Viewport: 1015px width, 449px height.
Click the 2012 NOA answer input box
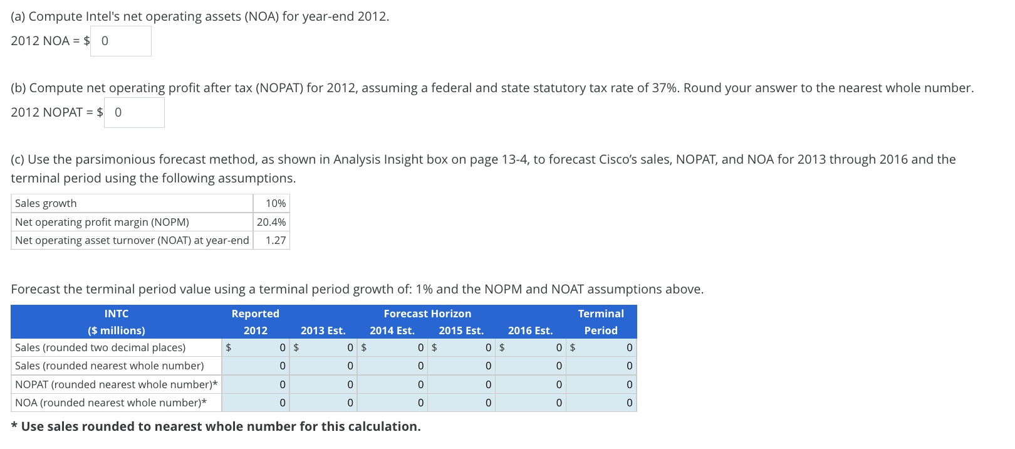click(121, 41)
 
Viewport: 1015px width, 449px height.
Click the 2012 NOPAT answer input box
click(134, 113)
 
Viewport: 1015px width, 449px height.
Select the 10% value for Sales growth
click(272, 203)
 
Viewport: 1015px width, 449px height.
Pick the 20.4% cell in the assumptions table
click(271, 222)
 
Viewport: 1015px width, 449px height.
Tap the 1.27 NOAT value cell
click(272, 240)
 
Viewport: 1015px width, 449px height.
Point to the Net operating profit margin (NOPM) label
click(101, 222)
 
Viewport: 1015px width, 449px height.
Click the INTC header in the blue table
click(117, 314)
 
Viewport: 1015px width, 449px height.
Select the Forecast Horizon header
click(427, 314)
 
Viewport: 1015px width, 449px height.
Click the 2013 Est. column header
click(323, 330)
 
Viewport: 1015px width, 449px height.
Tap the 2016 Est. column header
click(530, 330)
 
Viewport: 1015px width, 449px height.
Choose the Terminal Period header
click(601, 322)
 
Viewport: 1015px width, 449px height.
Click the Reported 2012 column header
click(255, 322)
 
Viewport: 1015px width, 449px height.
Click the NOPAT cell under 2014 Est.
click(392, 384)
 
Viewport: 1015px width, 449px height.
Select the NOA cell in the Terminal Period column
click(601, 403)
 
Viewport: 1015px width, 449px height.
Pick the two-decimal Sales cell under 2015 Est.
click(461, 347)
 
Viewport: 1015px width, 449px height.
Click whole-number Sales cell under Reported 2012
click(256, 366)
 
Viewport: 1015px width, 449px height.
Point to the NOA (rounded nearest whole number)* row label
click(111, 403)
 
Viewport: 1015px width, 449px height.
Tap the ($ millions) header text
click(117, 330)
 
